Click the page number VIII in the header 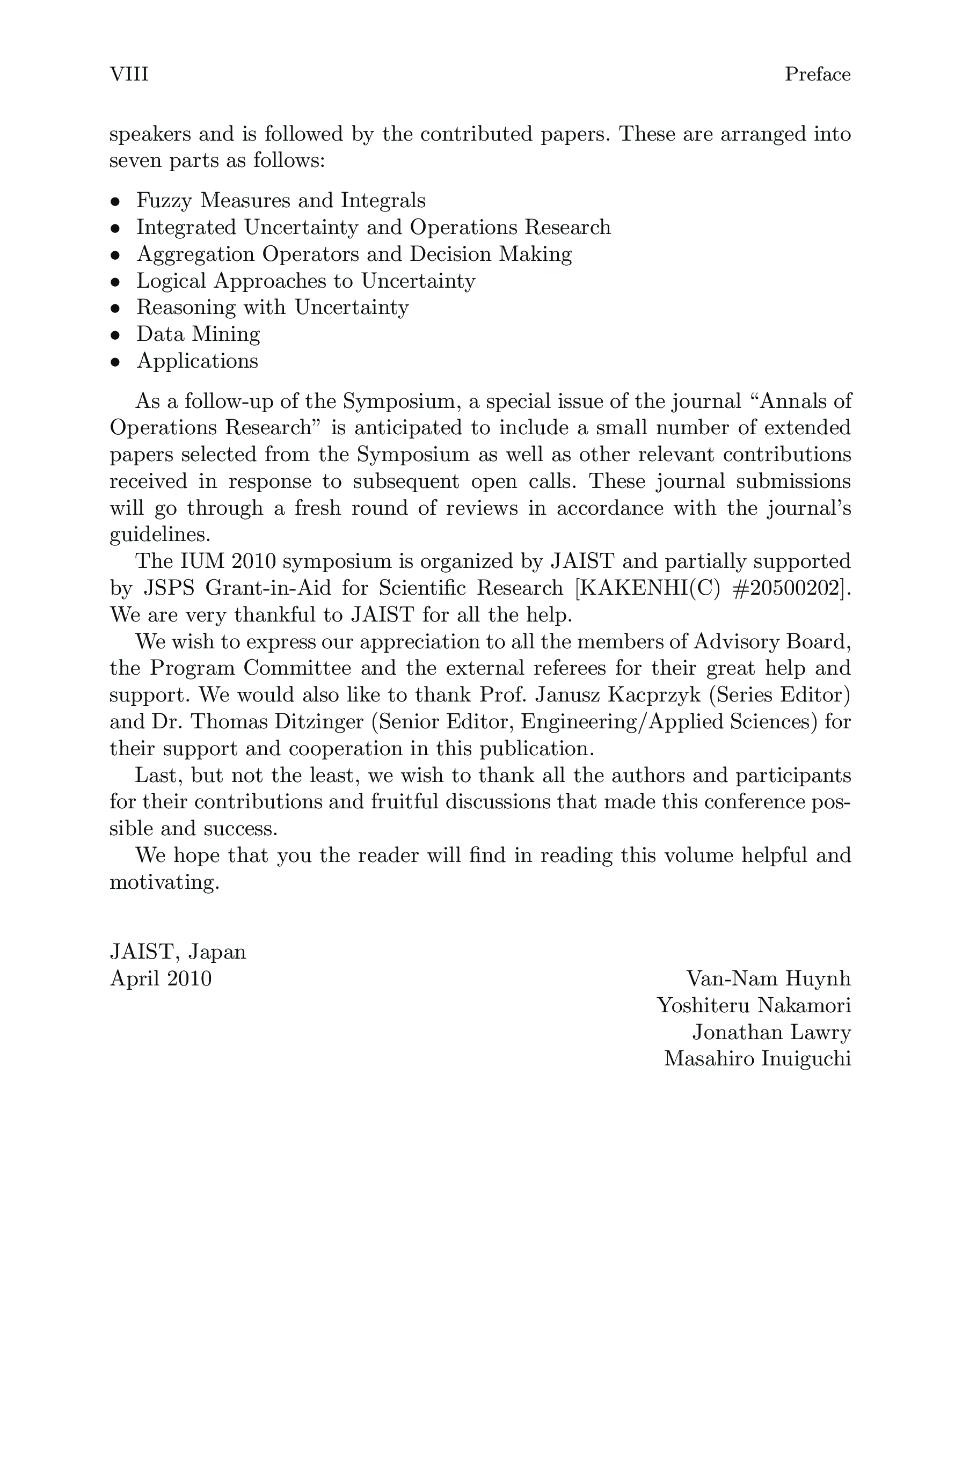coord(129,75)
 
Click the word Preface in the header coord(817,75)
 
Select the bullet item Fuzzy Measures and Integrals coord(280,200)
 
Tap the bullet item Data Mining coord(198,334)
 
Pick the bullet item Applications coord(197,361)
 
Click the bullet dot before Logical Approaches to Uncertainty coord(115,282)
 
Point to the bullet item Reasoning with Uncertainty coord(272,308)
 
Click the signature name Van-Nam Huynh coord(769,978)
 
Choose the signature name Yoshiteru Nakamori coord(754,1005)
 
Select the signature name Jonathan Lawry coord(771,1032)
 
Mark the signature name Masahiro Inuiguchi coord(757,1058)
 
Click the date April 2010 coord(161,978)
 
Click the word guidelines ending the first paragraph coord(159,535)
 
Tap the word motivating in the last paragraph coord(164,882)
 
